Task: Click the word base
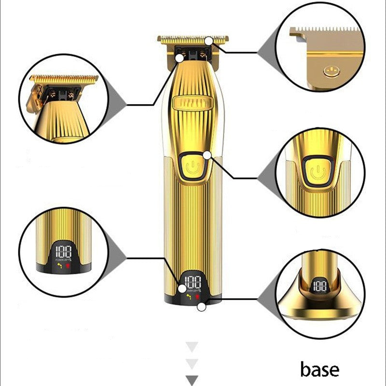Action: pos(319,370)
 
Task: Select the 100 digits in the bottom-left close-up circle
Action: pos(63,252)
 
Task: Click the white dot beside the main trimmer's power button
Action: pos(207,155)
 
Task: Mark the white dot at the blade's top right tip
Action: pos(208,41)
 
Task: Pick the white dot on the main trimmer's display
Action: pos(182,289)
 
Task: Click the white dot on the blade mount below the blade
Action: pos(180,58)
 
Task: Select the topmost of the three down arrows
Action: pos(192,346)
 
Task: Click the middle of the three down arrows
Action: pos(192,363)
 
